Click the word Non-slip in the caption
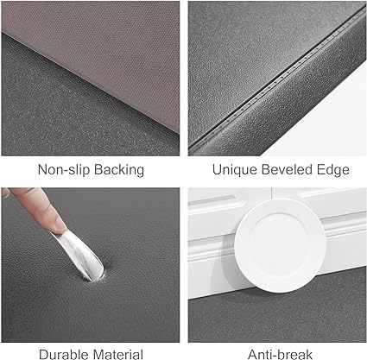(64, 169)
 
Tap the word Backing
(119, 170)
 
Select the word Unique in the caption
(235, 170)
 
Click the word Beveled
(287, 169)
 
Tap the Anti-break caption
(280, 354)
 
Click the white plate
(280, 245)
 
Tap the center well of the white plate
(279, 244)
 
